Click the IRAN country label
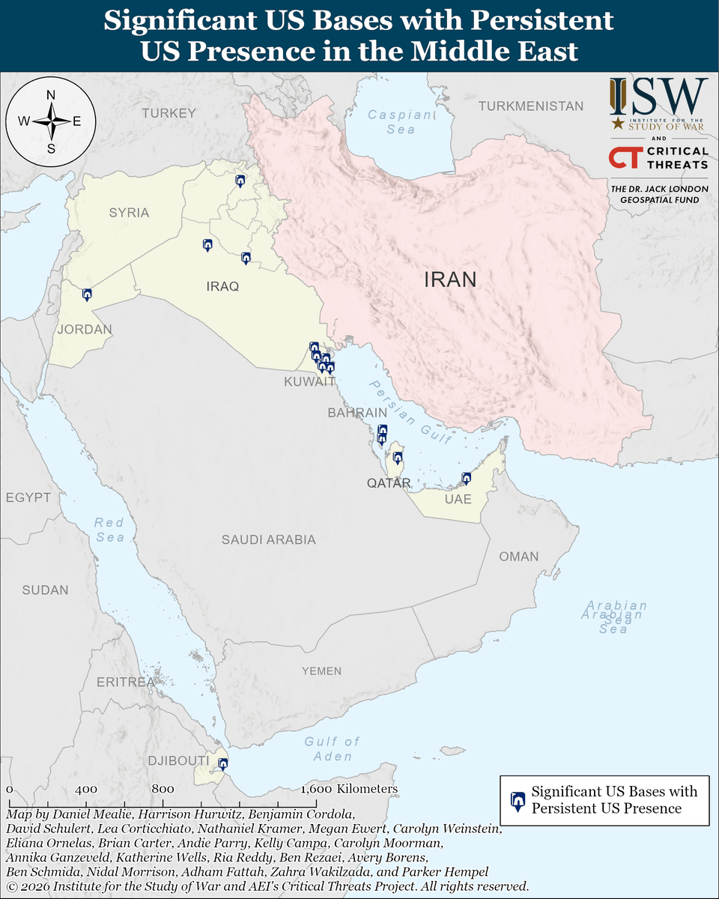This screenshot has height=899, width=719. [x=450, y=280]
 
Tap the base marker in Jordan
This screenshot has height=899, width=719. [x=87, y=295]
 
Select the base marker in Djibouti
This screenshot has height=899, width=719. [x=222, y=764]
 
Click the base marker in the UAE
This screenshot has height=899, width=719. [x=467, y=478]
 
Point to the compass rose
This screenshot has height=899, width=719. [x=51, y=121]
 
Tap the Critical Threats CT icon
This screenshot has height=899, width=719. [x=623, y=158]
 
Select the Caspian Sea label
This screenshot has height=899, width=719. [x=401, y=122]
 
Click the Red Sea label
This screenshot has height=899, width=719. [x=109, y=530]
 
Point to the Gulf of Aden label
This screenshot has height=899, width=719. [x=332, y=748]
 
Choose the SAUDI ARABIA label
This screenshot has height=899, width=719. [x=268, y=539]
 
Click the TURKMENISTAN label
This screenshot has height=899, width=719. [x=531, y=106]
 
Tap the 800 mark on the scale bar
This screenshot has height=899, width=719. [x=163, y=790]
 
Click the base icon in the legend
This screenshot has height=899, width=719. [x=517, y=800]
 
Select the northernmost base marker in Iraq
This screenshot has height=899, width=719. [x=240, y=181]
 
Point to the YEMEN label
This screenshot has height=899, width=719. [x=321, y=671]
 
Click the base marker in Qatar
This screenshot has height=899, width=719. [x=398, y=457]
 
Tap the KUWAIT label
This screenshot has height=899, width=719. [x=309, y=382]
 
